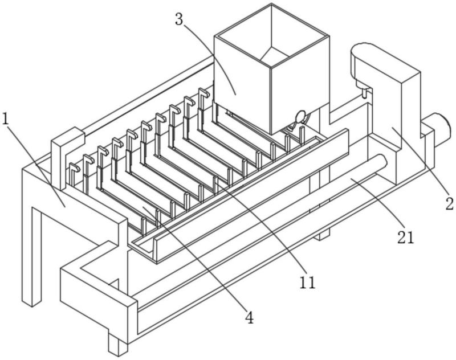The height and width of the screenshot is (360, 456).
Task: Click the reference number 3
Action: point(179,19)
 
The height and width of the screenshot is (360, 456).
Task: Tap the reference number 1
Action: point(6,118)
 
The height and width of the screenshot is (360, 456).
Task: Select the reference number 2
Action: point(450,203)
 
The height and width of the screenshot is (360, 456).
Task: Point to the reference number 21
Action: point(405,238)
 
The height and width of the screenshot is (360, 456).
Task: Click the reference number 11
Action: point(307,282)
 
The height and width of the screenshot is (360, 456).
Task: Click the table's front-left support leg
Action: point(32,256)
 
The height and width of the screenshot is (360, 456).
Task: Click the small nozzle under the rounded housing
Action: point(364,93)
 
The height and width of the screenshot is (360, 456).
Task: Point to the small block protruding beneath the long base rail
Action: point(323,234)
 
